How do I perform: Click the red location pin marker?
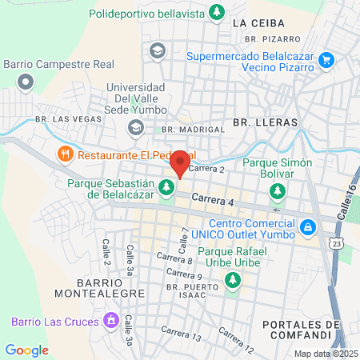181,163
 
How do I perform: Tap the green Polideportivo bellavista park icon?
216,13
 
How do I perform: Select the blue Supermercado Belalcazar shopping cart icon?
326,59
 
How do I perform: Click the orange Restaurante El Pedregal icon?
62,154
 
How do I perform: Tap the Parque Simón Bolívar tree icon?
278,190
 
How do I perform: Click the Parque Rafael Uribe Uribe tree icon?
233,280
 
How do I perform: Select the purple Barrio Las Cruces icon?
110,322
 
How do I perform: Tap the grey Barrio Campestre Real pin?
26,81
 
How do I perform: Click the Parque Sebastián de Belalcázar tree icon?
166,188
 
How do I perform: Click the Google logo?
26,350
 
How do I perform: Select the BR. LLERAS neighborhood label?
265,122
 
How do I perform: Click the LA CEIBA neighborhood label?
254,23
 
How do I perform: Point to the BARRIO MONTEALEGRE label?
110,288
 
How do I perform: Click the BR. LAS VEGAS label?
69,119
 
